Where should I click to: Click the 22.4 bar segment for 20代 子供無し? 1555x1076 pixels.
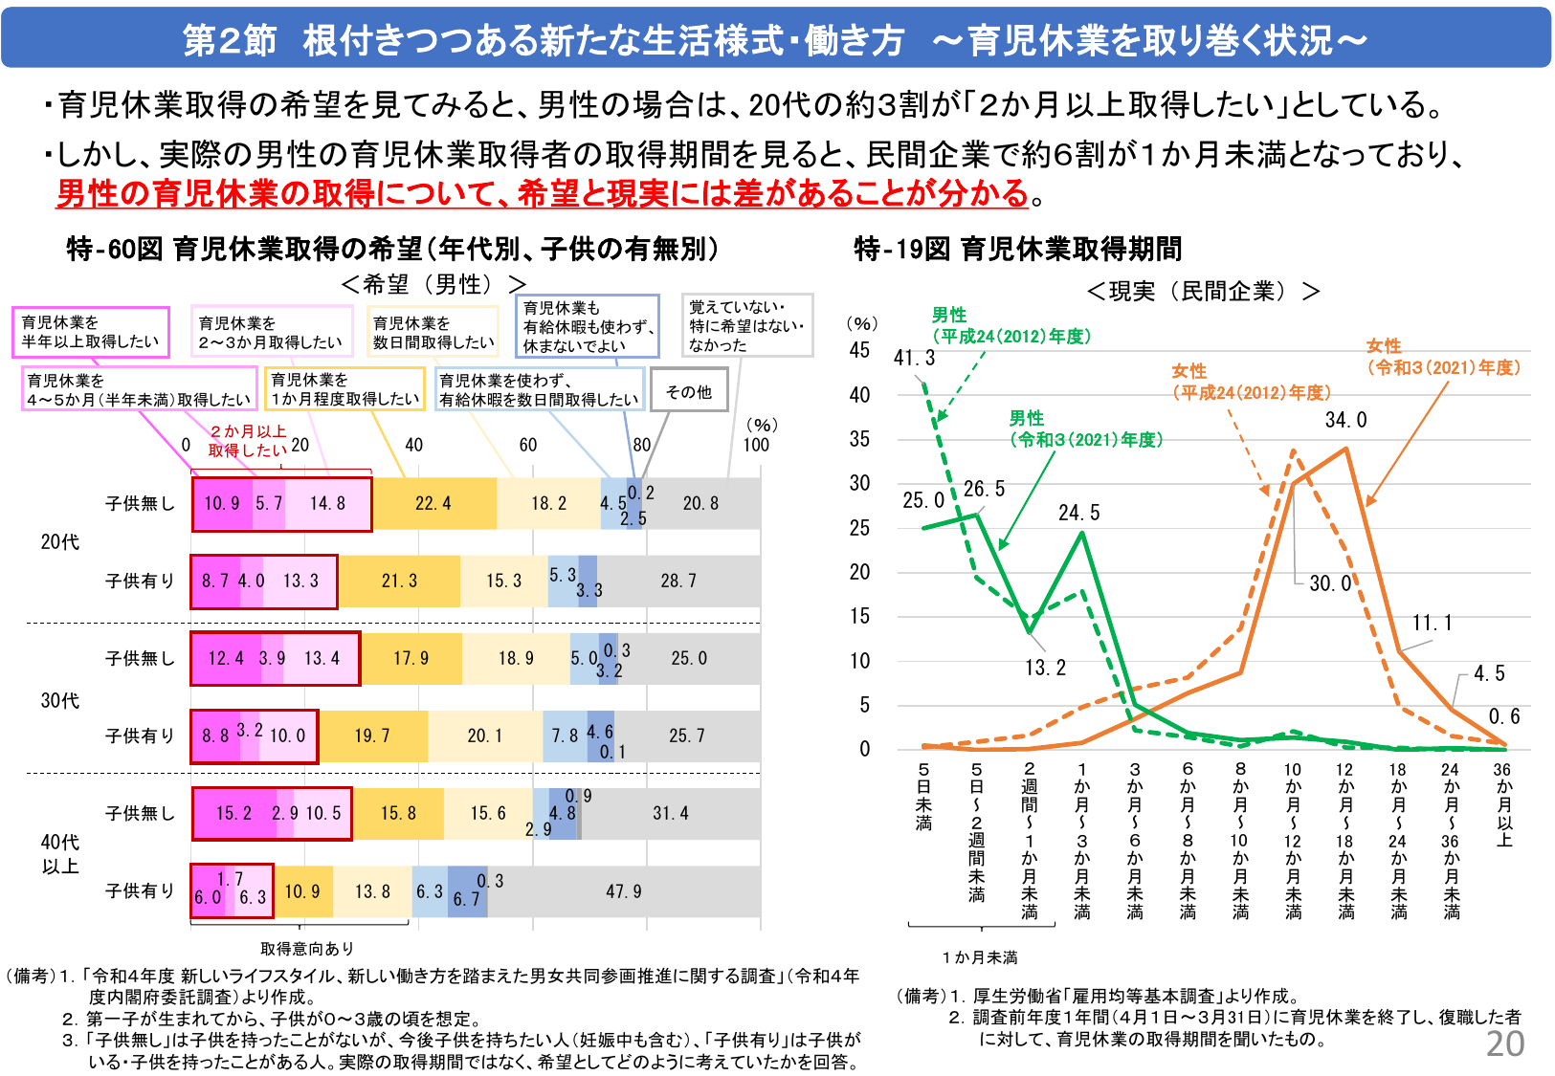[433, 504]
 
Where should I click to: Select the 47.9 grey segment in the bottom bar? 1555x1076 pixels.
[624, 891]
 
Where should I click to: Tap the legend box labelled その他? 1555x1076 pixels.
[689, 391]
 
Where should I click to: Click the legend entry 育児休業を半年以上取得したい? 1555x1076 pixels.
[90, 332]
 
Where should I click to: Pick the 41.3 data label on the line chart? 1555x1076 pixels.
[914, 358]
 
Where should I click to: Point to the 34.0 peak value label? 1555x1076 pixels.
[1345, 420]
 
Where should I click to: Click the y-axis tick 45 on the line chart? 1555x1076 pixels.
[859, 350]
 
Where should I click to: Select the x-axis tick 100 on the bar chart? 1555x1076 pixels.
[756, 445]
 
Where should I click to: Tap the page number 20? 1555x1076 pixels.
[1504, 1043]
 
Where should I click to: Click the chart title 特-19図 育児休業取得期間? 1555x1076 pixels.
[1017, 250]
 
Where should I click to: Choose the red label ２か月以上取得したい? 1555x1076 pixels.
[247, 441]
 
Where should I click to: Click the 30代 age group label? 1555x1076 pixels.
[59, 701]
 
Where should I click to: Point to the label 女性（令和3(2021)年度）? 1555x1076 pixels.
[1442, 357]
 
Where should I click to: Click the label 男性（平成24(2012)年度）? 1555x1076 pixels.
[1011, 325]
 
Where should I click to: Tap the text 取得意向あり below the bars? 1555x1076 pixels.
[307, 948]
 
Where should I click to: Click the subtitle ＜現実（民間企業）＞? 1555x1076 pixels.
[1203, 291]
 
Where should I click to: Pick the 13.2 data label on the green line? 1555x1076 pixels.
[1044, 668]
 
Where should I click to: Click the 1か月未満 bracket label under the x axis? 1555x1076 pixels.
[979, 957]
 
